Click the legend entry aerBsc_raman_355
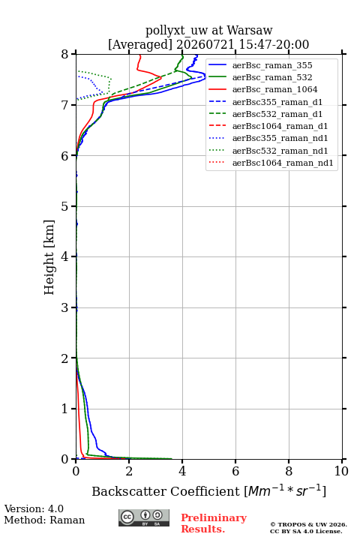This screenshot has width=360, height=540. click(272, 65)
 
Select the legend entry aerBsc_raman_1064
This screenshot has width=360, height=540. click(275, 89)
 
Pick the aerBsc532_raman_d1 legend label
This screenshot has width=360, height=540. click(277, 114)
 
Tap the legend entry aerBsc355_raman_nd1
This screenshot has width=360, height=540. click(280, 138)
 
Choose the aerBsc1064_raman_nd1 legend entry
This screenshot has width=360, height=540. click(283, 163)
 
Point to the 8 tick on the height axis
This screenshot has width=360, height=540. click(64, 54)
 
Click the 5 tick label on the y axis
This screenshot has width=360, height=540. click(64, 206)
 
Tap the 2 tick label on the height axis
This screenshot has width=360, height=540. click(64, 358)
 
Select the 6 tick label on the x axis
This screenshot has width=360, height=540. click(235, 471)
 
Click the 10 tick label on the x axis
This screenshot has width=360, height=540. click(341, 471)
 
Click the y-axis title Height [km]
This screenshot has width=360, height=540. click(49, 257)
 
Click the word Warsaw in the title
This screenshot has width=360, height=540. click(250, 30)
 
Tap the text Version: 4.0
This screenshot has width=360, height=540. click(34, 508)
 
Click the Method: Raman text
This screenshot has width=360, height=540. click(44, 520)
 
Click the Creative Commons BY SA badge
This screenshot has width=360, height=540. click(144, 517)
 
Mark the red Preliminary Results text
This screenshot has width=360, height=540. click(214, 523)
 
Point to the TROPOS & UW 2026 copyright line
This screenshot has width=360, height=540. click(308, 524)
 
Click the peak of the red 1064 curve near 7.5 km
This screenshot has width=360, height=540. click(161, 77)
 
